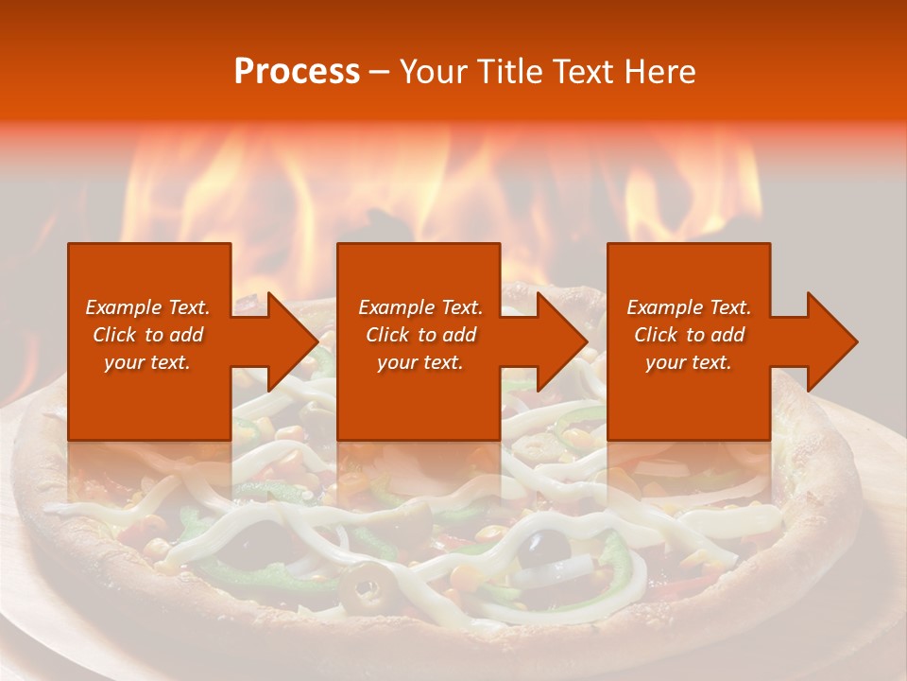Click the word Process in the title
pos(297,72)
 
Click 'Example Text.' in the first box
pos(147,307)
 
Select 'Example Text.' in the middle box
pos(420,307)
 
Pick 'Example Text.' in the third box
pos(689,307)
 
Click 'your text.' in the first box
pos(147,362)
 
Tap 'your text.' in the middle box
pos(420,362)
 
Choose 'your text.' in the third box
pos(689,362)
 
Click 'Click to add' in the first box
pos(147,335)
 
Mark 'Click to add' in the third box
pos(689,335)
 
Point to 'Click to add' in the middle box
pos(420,335)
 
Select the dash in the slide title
pos(380,72)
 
